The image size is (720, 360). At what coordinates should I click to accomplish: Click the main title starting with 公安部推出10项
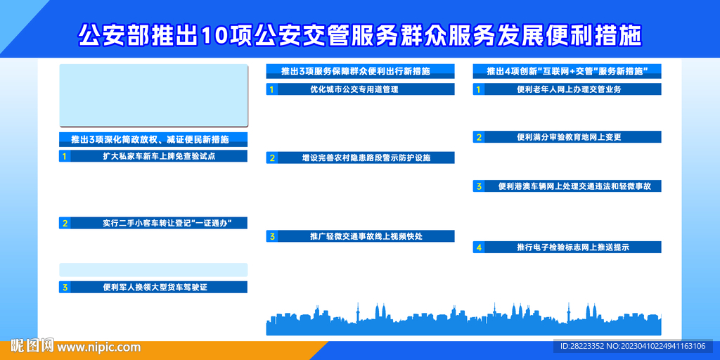(x=360, y=35)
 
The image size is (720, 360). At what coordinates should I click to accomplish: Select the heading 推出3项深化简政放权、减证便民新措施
(x=150, y=139)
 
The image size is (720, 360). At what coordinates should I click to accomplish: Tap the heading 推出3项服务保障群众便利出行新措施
(x=355, y=71)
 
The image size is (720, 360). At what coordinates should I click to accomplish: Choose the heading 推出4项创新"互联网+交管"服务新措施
(x=567, y=71)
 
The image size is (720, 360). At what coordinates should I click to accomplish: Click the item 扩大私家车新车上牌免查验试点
(x=160, y=156)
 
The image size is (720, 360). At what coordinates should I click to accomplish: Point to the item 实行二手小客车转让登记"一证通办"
(x=167, y=223)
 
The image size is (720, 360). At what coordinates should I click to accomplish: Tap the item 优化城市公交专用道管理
(x=354, y=89)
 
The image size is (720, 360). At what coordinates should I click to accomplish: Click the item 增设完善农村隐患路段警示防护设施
(x=366, y=158)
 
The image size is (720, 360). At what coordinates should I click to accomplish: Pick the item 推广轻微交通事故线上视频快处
(x=366, y=236)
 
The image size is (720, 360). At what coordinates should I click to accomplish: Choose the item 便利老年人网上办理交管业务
(x=569, y=89)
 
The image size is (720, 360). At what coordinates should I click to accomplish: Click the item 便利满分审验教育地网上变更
(x=569, y=137)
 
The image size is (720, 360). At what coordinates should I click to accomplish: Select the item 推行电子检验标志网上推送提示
(x=572, y=247)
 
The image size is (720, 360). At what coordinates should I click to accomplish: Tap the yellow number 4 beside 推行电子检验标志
(x=479, y=247)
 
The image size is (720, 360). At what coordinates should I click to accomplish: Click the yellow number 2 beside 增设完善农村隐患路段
(x=272, y=158)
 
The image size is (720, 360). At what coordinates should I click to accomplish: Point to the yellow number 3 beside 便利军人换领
(x=65, y=288)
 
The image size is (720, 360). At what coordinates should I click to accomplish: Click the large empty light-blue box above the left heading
(x=154, y=96)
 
